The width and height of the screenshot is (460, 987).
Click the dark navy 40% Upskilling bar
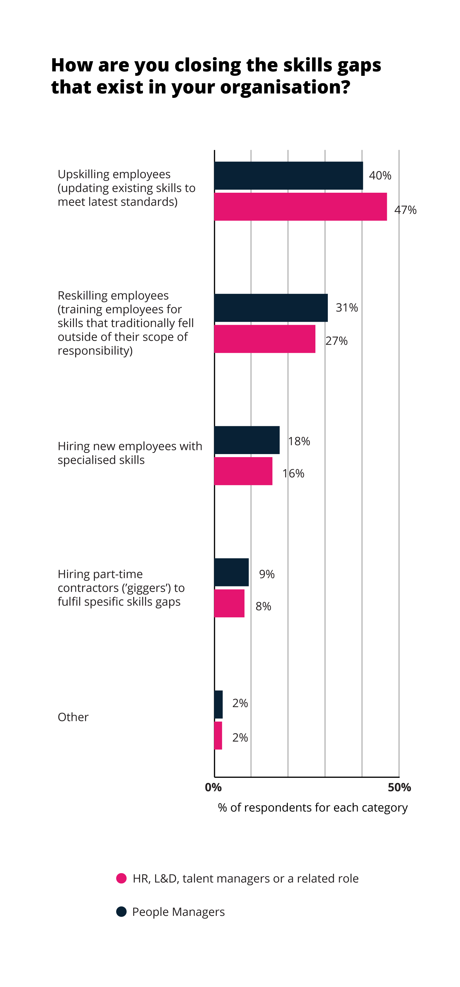tap(289, 176)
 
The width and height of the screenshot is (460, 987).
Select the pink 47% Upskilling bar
tap(301, 207)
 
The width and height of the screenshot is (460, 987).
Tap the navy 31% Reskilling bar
tap(271, 308)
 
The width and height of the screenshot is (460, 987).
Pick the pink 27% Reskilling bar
tap(265, 339)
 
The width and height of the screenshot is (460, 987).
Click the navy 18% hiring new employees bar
tap(247, 440)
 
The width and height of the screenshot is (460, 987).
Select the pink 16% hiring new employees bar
tap(243, 471)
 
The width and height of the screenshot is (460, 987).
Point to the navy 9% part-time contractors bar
tap(231, 572)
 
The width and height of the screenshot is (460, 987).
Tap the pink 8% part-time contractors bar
tap(229, 604)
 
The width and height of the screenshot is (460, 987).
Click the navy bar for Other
tap(219, 705)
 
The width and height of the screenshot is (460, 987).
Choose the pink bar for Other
tap(218, 736)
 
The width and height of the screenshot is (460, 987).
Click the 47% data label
tap(406, 210)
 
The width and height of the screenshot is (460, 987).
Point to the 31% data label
tap(347, 308)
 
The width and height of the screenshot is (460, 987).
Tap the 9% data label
tap(267, 574)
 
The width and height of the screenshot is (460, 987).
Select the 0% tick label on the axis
tap(213, 787)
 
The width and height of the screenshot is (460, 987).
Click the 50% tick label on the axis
tap(399, 787)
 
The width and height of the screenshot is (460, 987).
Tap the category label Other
tap(73, 717)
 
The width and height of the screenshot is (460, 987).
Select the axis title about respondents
tap(313, 808)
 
